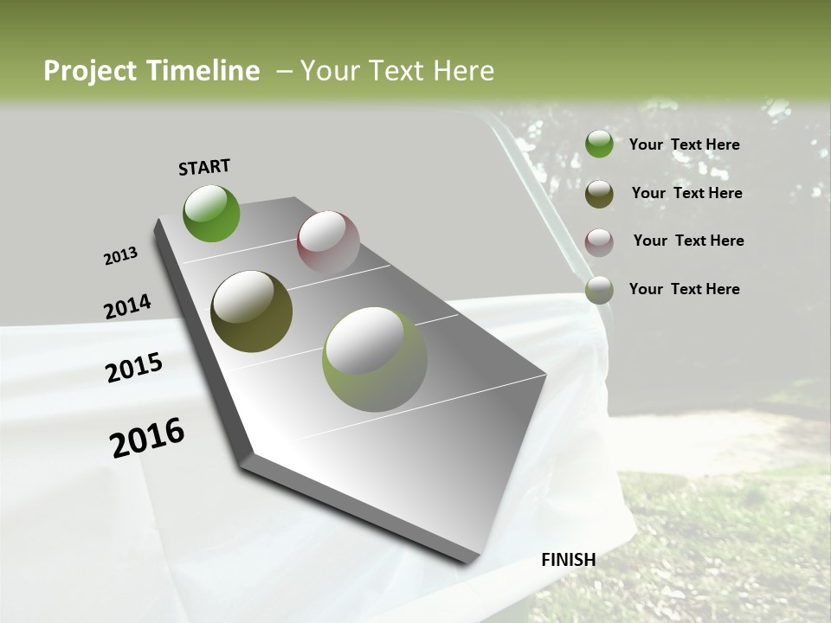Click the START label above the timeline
[204, 166]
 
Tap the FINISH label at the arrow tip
[569, 560]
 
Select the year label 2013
[121, 256]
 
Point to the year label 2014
[127, 307]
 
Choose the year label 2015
[134, 368]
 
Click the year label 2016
[147, 437]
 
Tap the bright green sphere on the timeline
[211, 213]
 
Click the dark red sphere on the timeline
[328, 242]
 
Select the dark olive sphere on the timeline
[252, 311]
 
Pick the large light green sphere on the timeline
[374, 359]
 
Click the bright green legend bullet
[599, 145]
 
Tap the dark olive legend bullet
[599, 194]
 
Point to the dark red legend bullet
[599, 242]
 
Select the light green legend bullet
[599, 290]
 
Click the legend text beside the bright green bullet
[684, 145]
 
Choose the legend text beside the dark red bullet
[688, 241]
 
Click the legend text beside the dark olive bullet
[686, 193]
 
